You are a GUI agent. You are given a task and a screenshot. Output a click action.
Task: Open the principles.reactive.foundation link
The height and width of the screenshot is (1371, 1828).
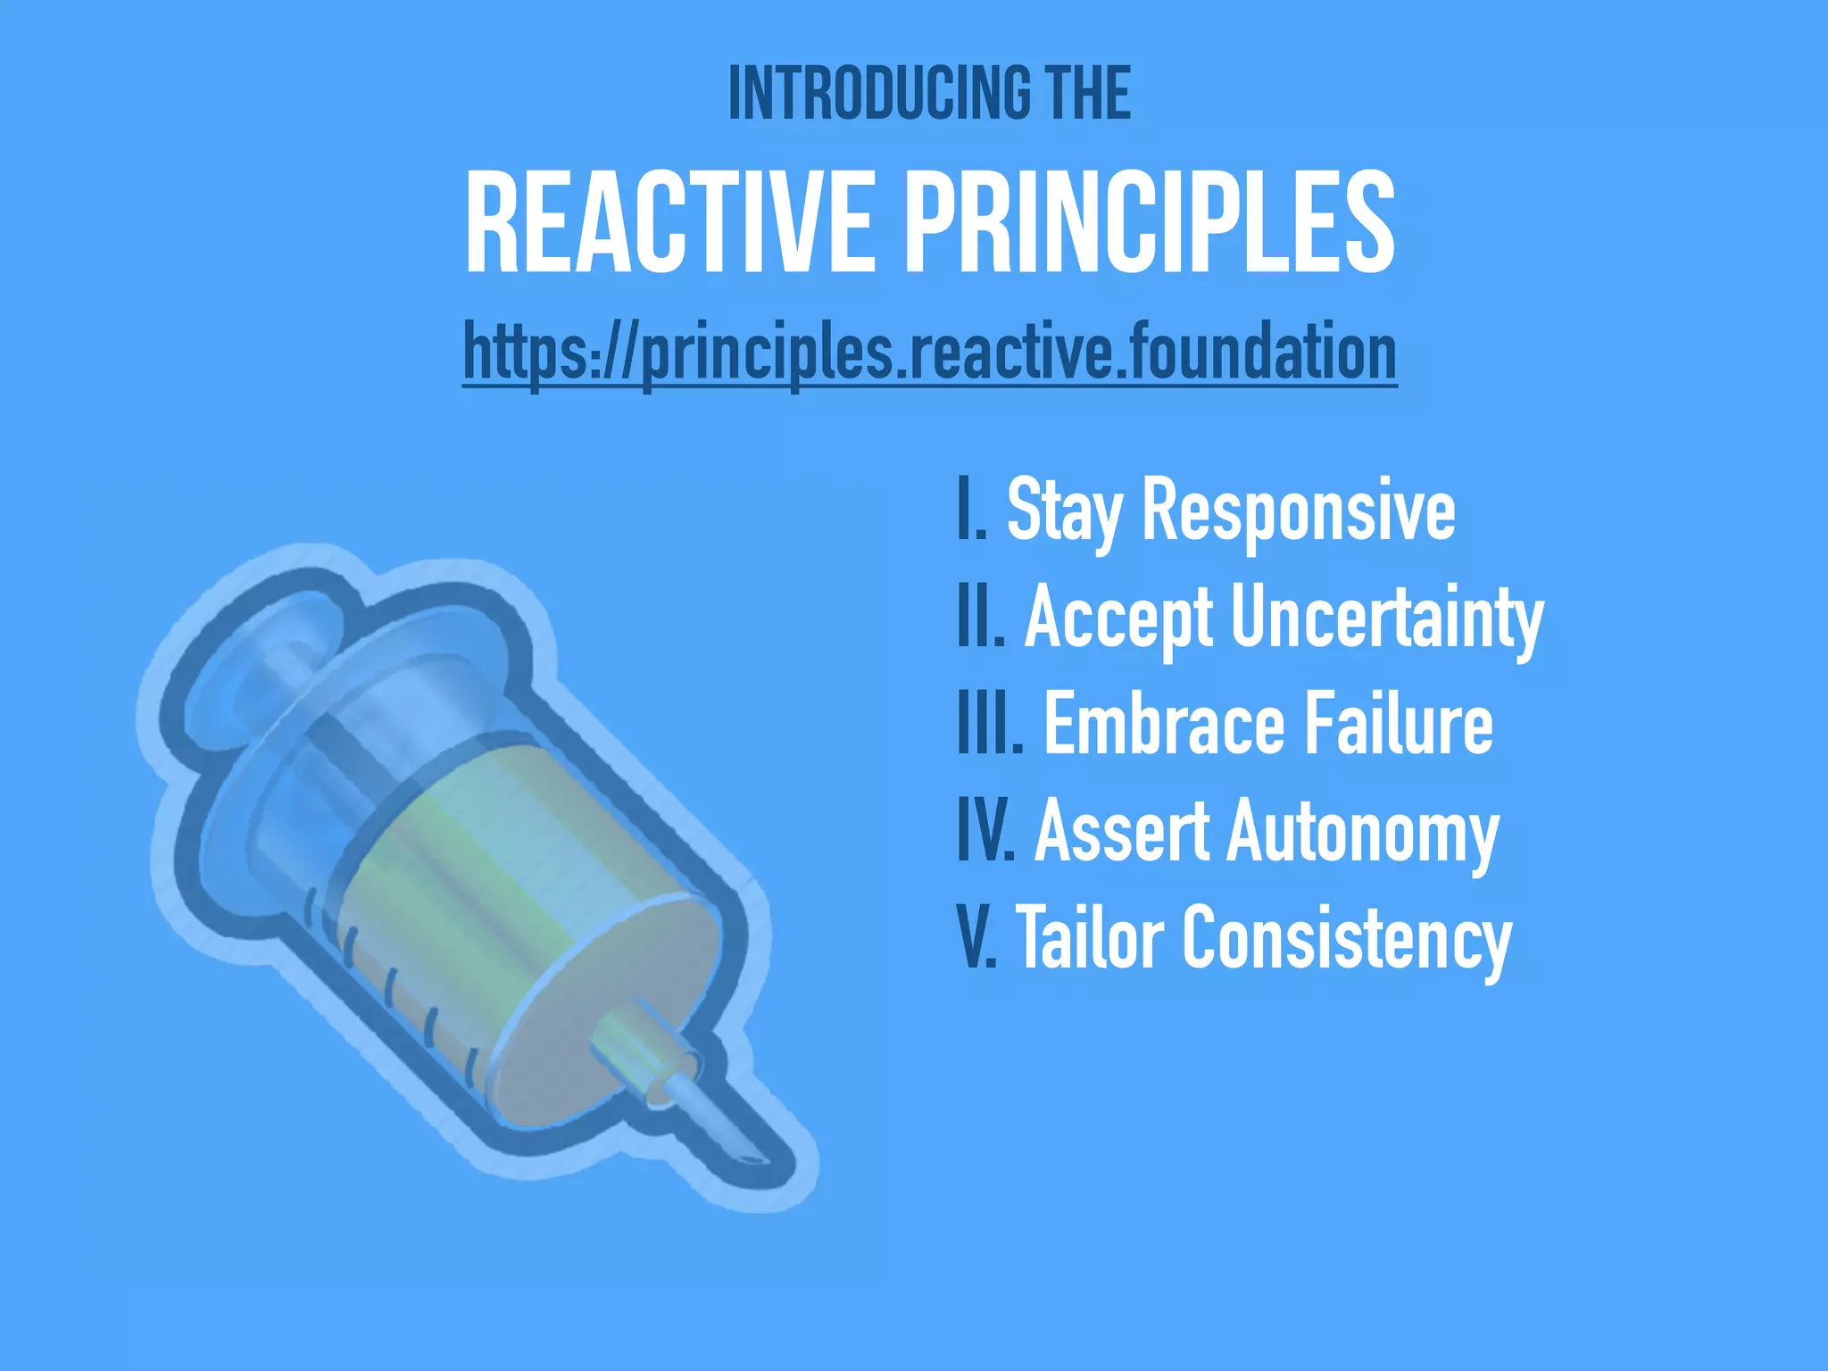tap(929, 353)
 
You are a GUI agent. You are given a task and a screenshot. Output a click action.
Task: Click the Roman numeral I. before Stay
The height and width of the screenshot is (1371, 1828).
tap(971, 511)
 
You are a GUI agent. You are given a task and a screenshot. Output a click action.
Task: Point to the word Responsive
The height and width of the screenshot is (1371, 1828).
tap(1298, 511)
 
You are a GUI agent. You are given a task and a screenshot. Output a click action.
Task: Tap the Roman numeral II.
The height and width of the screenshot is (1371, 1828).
tap(980, 618)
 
